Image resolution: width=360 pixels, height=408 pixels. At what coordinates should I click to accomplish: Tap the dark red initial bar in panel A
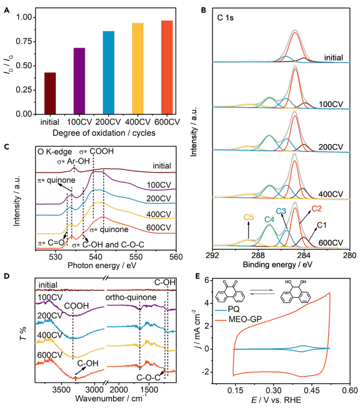49,93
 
